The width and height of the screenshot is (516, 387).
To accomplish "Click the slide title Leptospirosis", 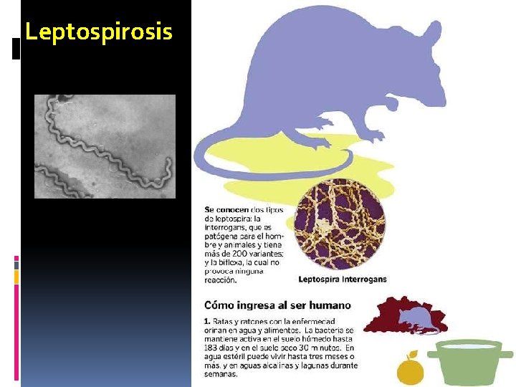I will [x=98, y=32].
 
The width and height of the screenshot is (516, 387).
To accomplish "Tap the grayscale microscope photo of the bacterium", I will [x=105, y=146].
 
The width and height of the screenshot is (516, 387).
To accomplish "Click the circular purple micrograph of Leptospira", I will [x=340, y=225].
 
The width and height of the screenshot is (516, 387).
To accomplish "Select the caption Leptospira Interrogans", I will [x=342, y=279].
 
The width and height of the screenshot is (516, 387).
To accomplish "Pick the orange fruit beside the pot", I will [x=410, y=369].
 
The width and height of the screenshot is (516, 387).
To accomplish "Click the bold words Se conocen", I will [x=226, y=209].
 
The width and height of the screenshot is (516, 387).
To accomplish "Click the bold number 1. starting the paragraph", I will [x=207, y=321].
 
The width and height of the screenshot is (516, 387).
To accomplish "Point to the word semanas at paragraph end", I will [x=221, y=374].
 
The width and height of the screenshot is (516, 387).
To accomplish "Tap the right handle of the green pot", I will [x=506, y=354].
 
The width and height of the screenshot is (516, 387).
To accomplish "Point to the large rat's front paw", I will [x=391, y=105].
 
